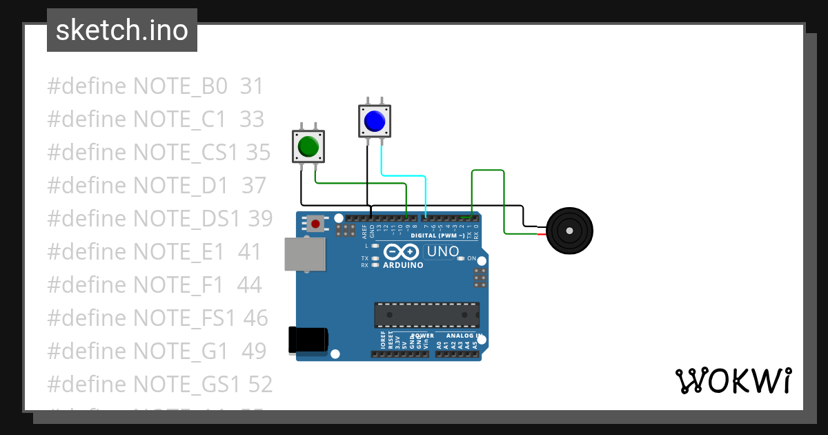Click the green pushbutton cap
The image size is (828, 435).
pos(308,147)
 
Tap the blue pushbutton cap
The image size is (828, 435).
pos(374,122)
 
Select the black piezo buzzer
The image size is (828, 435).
pos(569,231)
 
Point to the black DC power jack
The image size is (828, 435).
pos(308,340)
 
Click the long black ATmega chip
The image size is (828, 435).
pos(426,315)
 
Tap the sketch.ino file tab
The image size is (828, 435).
pos(122,30)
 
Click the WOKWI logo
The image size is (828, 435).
pos(733,381)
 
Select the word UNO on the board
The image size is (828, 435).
pos(443,251)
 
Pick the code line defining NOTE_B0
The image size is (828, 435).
pos(155,86)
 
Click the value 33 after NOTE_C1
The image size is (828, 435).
pos(252,119)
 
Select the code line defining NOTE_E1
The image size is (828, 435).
pos(154,252)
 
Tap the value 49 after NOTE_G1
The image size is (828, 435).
pos(253,351)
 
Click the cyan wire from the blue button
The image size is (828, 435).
pos(404,177)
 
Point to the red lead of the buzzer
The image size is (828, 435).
pos(542,235)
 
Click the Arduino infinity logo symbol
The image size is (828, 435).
pos(402,251)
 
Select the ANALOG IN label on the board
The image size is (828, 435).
pos(458,336)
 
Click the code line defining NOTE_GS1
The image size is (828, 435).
pos(159,385)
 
